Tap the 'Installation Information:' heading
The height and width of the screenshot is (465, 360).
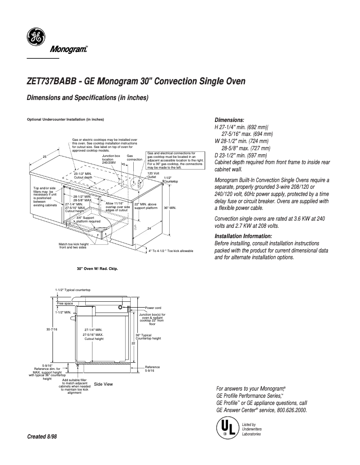click(243, 236)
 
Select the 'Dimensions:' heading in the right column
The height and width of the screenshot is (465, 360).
click(229, 120)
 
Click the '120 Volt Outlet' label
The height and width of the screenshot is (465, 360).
click(154, 174)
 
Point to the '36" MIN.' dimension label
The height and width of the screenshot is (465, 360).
click(170, 208)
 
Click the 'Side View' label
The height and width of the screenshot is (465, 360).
click(103, 384)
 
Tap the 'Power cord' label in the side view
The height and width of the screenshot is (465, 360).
click(153, 308)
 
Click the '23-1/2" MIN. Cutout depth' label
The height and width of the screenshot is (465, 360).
click(83, 175)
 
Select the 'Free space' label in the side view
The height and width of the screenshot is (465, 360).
click(65, 304)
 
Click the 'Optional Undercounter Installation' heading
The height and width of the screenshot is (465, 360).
click(66, 120)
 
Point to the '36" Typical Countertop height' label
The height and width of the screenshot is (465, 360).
click(148, 337)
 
